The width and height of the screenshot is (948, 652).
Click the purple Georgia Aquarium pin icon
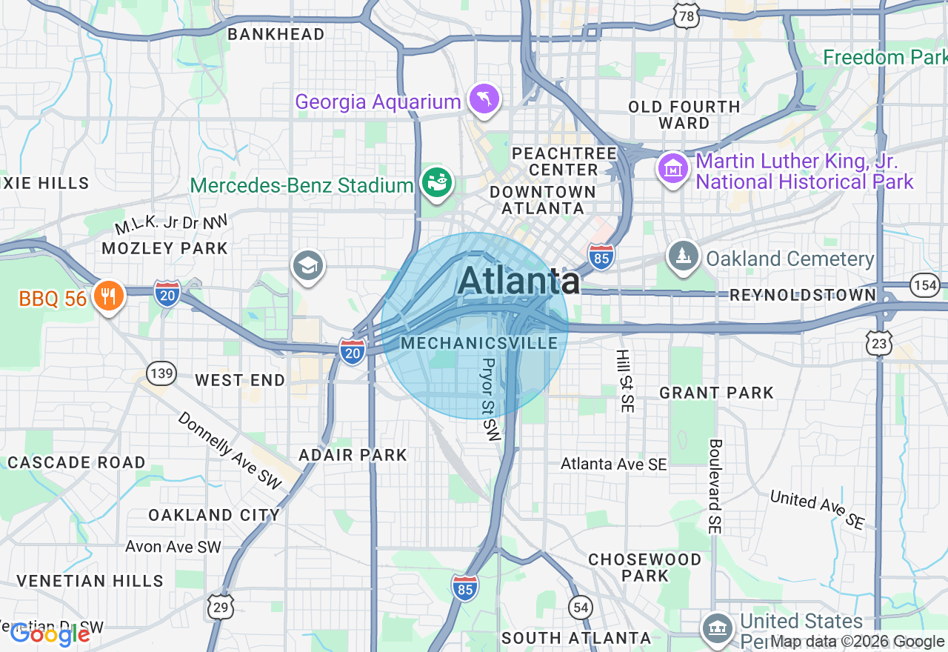484,101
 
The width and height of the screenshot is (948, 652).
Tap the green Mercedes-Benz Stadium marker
437,183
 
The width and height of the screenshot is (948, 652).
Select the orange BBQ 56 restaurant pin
109,296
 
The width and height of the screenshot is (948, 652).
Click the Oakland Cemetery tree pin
682,256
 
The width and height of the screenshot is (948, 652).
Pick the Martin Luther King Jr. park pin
672,169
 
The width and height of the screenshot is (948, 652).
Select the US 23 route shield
879,343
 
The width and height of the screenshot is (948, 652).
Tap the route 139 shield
161,373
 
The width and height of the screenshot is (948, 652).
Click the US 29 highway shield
221,606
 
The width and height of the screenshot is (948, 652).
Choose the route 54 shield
581,608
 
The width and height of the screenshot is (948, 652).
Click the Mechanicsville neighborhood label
479,343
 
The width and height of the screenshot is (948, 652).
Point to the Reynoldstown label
803,295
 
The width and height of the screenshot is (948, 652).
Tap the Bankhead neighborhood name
276,34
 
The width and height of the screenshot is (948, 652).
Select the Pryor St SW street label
491,399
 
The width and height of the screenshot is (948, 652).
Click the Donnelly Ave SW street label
230,450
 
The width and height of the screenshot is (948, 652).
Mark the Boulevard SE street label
715,486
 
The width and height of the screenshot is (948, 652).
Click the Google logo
50,634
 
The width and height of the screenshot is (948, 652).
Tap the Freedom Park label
885,57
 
